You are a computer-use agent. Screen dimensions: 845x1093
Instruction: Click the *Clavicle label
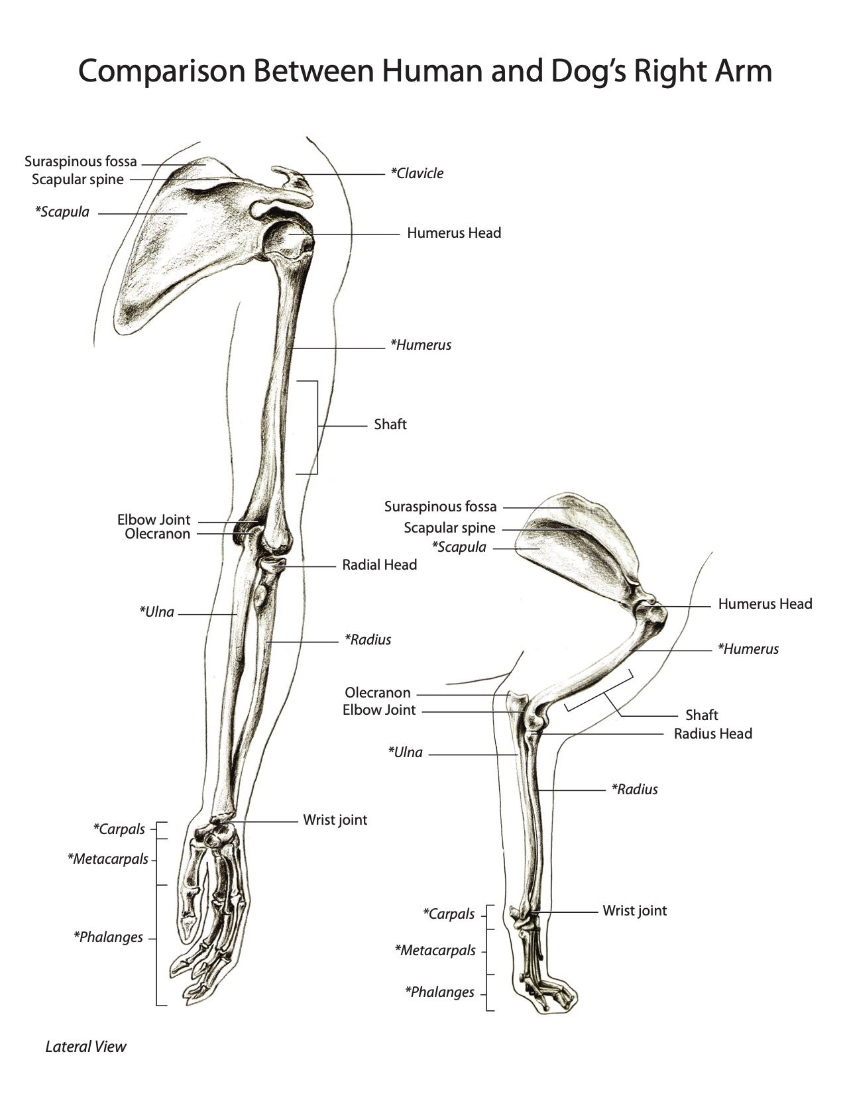pyautogui.click(x=417, y=174)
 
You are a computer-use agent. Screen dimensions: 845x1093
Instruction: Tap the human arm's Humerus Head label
pyautogui.click(x=454, y=233)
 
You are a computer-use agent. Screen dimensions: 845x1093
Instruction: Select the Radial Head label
pyautogui.click(x=379, y=565)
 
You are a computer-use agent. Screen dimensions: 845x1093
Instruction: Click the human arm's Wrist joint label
pyautogui.click(x=335, y=820)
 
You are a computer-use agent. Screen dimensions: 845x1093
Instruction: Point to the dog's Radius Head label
pyautogui.click(x=712, y=734)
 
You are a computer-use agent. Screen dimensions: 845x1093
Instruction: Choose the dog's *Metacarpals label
pyautogui.click(x=435, y=951)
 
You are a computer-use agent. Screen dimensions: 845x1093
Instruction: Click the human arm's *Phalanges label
pyautogui.click(x=108, y=937)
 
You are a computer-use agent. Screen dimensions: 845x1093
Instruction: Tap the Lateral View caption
pyautogui.click(x=85, y=1047)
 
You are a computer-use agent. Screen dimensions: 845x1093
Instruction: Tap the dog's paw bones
pyautogui.click(x=543, y=980)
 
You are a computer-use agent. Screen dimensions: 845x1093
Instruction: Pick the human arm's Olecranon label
pyautogui.click(x=157, y=534)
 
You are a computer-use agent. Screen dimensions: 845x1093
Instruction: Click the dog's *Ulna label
pyautogui.click(x=405, y=753)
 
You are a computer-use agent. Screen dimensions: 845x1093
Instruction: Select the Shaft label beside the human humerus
pyautogui.click(x=390, y=425)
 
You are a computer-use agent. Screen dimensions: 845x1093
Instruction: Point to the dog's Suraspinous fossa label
pyautogui.click(x=440, y=507)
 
